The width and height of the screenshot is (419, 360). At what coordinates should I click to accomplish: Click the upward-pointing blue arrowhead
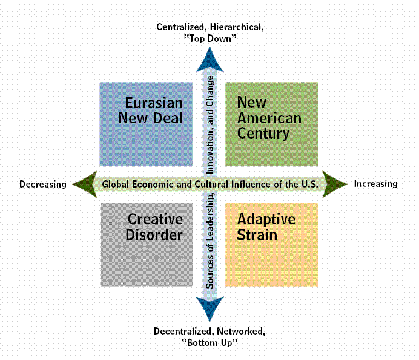coord(210,59)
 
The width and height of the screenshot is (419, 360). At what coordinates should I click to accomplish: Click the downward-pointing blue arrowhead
coord(210,309)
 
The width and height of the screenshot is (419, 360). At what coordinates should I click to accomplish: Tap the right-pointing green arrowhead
coord(334,184)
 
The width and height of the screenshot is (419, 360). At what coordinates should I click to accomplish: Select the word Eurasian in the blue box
coord(154,102)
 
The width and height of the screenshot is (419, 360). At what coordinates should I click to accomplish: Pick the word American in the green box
coord(269,117)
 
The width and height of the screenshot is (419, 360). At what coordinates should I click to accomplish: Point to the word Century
coord(263,133)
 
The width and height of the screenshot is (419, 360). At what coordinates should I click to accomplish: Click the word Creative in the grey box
coord(155,218)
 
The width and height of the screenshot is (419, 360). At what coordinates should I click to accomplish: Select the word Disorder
coord(154,234)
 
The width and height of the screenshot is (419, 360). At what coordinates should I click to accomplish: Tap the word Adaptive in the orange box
coord(266,218)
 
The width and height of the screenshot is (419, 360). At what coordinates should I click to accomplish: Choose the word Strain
coord(257,234)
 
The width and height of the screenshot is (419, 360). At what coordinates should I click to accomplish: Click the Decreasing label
coord(42,185)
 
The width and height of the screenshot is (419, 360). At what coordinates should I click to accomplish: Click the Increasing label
coord(375,184)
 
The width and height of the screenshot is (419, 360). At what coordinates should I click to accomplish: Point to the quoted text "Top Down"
coord(210,38)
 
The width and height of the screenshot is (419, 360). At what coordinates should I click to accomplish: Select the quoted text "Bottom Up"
coord(209,342)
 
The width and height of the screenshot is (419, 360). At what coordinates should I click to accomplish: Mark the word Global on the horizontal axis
coord(116,185)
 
